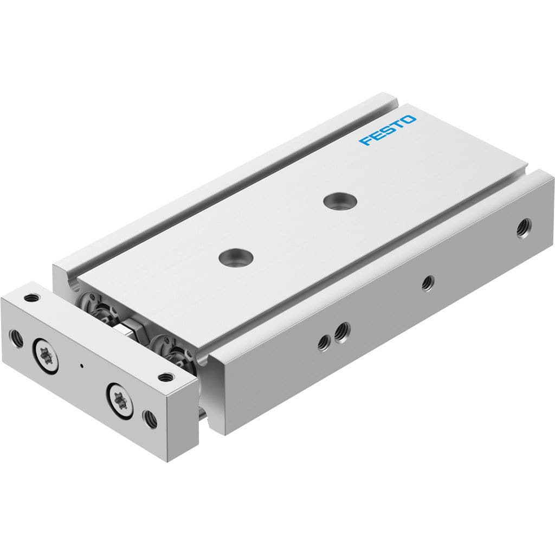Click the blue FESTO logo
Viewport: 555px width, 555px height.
pyautogui.click(x=388, y=130)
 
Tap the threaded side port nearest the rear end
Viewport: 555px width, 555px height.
pyautogui.click(x=524, y=228)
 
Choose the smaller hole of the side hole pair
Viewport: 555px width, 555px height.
pyautogui.click(x=324, y=342)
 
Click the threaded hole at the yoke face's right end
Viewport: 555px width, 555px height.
pyautogui.click(x=149, y=418)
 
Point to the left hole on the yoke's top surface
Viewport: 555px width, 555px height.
pyautogui.click(x=32, y=297)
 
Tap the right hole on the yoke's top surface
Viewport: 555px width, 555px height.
pyautogui.click(x=165, y=377)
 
